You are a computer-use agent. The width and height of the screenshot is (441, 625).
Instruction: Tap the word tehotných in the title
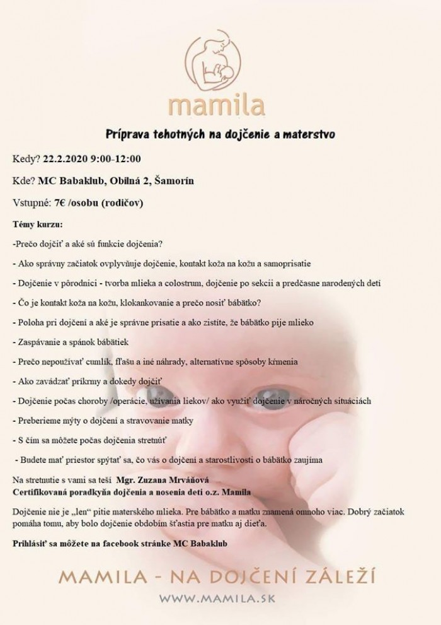[x=177, y=134]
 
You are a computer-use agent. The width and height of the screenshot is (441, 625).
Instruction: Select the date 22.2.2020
[x=62, y=158]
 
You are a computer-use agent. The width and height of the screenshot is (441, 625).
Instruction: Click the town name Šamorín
[x=173, y=182]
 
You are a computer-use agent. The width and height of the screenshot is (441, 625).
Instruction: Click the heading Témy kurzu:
[x=37, y=224]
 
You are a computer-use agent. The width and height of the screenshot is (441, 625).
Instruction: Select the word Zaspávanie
[x=37, y=342]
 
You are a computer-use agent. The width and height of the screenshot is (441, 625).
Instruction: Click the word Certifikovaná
[x=40, y=491]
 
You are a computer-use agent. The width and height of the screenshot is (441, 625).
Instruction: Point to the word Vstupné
[x=29, y=203]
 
